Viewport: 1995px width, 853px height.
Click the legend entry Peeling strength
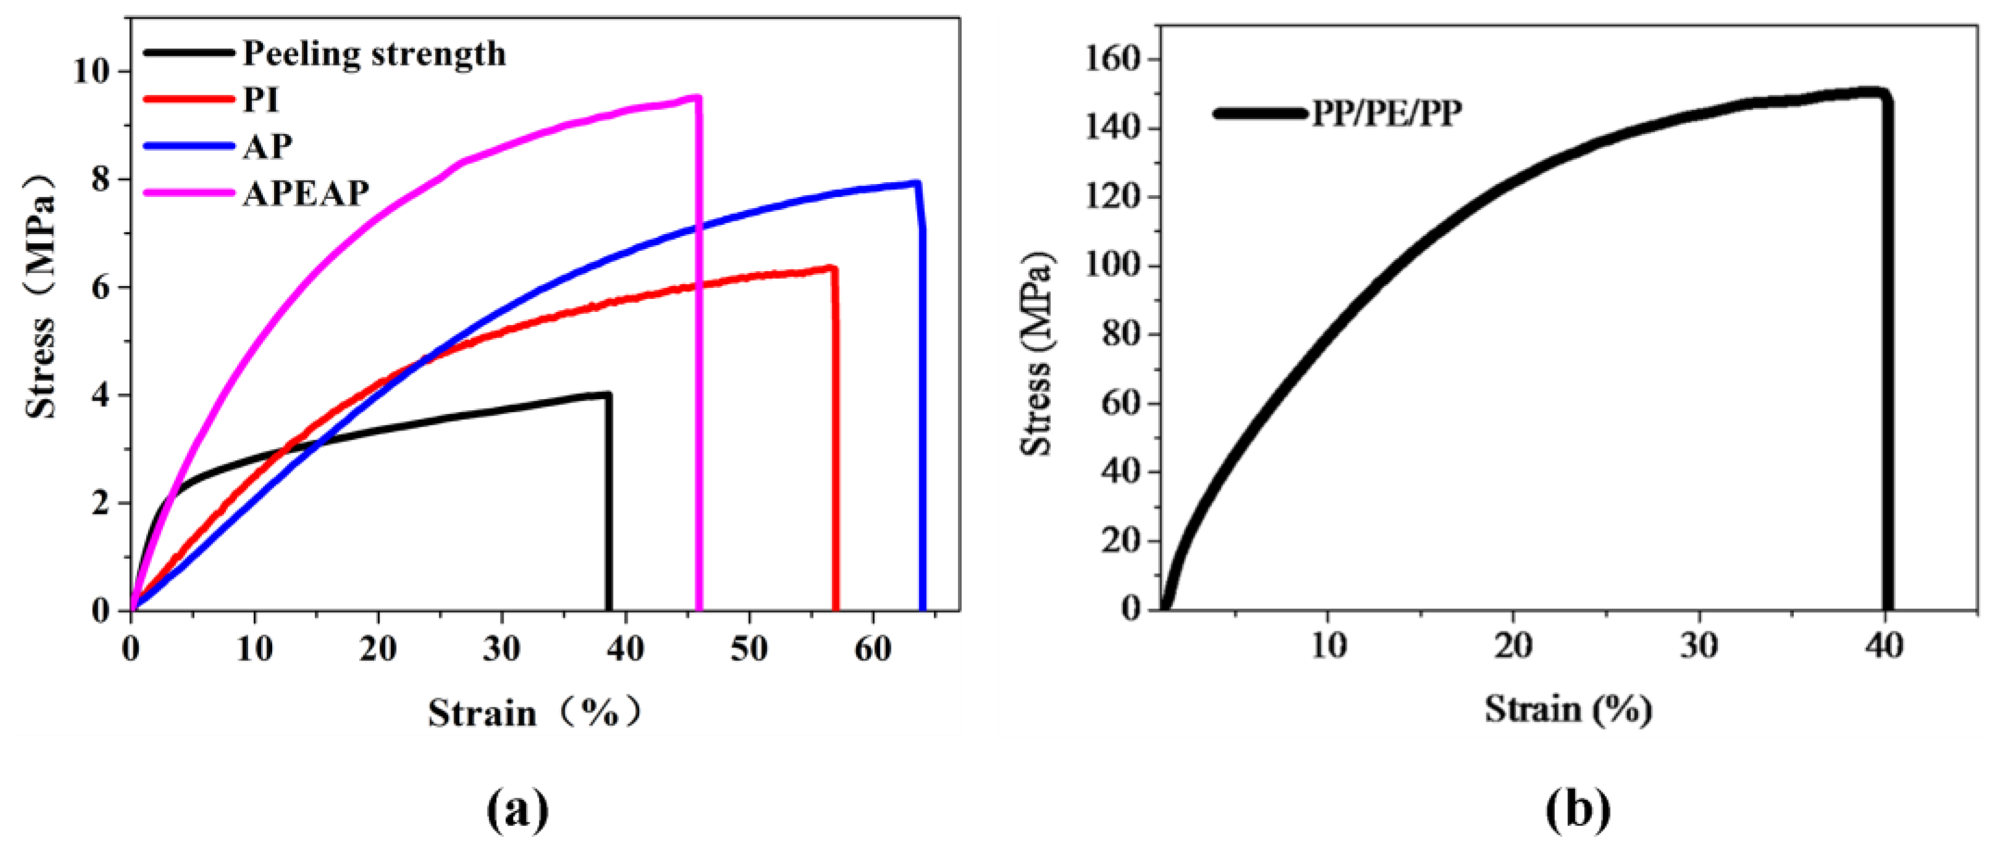click(374, 54)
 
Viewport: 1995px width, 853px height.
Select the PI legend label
click(260, 100)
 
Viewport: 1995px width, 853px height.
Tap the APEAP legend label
click(306, 193)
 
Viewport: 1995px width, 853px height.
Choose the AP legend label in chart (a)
click(267, 146)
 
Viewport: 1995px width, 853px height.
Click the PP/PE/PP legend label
click(1386, 114)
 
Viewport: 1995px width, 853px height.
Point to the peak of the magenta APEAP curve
click(697, 97)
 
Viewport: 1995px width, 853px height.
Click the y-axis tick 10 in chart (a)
click(91, 71)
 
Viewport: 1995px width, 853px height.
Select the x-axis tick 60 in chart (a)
click(873, 649)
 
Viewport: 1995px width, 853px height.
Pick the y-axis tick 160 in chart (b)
click(1112, 60)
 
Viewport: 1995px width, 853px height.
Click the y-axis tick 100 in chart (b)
click(1112, 266)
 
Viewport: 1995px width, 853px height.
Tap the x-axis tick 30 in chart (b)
click(1698, 645)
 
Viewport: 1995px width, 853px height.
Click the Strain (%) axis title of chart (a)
click(535, 713)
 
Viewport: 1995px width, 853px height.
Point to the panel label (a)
click(517, 810)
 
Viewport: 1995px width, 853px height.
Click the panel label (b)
click(1578, 810)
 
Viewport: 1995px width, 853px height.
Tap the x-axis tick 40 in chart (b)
click(1883, 645)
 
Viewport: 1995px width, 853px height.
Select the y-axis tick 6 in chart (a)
click(101, 287)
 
